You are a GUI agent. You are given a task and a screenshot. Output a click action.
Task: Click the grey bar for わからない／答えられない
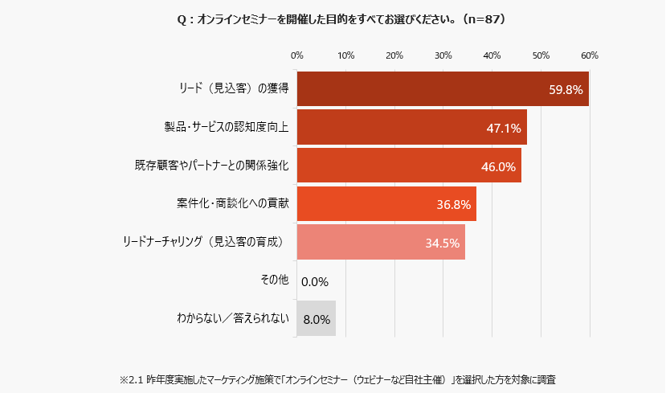click(x=316, y=319)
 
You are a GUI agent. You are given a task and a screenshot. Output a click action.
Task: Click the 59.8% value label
click(x=566, y=89)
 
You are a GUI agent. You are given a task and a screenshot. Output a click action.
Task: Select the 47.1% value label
click(x=504, y=128)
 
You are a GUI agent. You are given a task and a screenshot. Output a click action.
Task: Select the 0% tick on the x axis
click(x=296, y=55)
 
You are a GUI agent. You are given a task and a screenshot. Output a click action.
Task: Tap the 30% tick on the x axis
click(x=443, y=55)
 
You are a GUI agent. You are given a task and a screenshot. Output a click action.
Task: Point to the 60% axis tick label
click(x=589, y=55)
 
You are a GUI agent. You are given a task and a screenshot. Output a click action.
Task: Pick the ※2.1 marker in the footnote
click(x=130, y=378)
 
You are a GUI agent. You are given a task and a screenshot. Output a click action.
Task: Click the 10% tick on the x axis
click(x=345, y=55)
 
